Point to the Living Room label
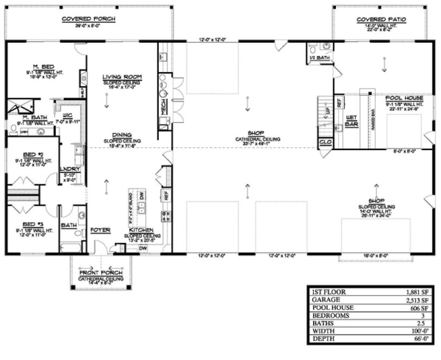[x=122, y=77]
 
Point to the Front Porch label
[x=101, y=273]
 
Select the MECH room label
[x=163, y=107]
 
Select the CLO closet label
[x=325, y=142]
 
